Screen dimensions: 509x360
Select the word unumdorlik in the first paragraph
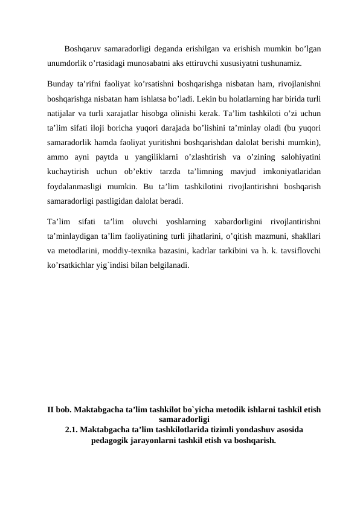pyautogui.click(x=69, y=63)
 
